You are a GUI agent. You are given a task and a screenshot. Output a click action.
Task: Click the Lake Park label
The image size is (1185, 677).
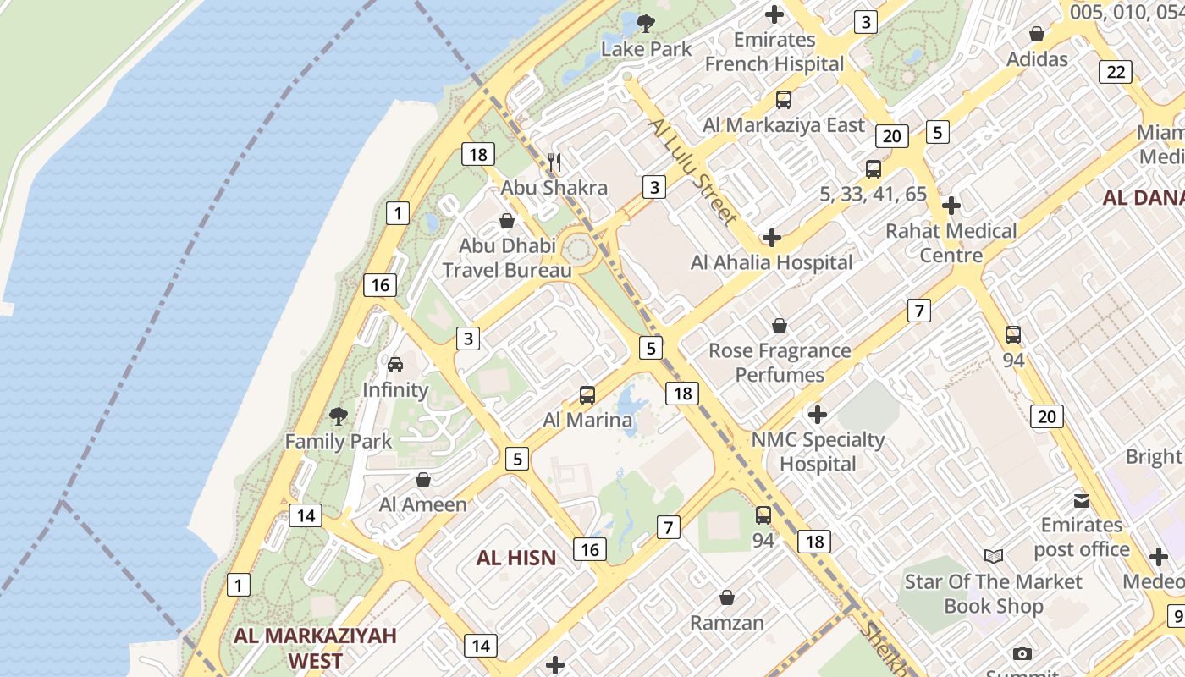646,49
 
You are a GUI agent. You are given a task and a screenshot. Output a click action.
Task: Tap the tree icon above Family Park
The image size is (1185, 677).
339,416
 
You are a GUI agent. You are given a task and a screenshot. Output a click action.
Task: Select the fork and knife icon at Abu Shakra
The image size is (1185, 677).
554,162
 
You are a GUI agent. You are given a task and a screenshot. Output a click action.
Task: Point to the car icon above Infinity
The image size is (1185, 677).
394,365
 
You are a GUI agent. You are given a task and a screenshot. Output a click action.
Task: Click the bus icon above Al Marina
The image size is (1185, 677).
587,394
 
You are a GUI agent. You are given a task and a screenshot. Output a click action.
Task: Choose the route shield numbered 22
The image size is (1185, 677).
1116,72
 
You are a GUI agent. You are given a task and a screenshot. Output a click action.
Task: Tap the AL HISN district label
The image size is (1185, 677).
515,558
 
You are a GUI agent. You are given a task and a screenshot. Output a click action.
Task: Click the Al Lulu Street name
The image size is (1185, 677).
691,172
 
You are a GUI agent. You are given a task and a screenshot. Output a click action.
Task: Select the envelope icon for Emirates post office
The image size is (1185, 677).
1081,500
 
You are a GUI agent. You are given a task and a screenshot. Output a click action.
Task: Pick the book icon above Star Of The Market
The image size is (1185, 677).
993,556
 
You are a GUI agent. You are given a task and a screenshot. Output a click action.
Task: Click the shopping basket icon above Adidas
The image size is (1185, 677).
1037,34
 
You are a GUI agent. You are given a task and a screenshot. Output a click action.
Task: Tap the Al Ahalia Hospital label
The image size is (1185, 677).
771,262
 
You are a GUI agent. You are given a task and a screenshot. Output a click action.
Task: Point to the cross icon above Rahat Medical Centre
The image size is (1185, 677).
951,206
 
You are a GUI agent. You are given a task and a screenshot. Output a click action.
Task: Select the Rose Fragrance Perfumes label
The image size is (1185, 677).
779,362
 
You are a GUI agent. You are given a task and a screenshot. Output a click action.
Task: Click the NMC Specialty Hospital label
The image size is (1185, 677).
818,451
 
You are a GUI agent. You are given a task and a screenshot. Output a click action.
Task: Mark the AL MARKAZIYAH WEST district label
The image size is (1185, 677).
315,648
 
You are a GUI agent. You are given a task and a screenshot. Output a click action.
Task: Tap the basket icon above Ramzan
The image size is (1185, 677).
726,597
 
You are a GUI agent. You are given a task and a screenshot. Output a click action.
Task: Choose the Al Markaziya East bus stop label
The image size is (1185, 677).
784,125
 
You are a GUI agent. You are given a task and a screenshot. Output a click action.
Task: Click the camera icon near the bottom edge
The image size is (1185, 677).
1022,653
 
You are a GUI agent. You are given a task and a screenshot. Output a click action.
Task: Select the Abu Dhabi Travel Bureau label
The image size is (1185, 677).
506,258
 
